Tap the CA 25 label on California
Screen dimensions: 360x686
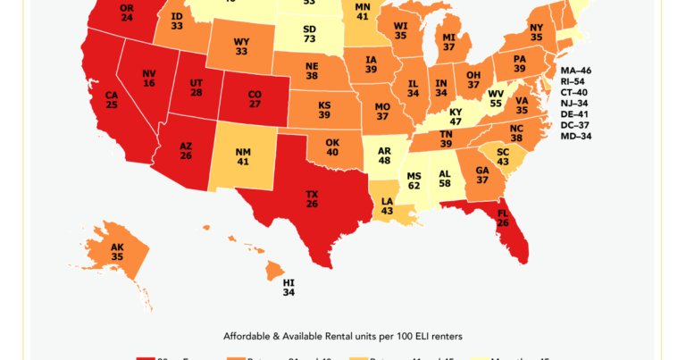coord(112,99)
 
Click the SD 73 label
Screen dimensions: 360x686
coord(309,33)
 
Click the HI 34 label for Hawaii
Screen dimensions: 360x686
coord(289,287)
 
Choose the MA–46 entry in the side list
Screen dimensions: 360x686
coord(575,71)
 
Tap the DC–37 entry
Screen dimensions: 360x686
coord(575,125)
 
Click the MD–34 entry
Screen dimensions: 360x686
coord(575,137)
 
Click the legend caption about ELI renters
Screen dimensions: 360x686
coord(343,336)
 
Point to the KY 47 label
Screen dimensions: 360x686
coord(456,116)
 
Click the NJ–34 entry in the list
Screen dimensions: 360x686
coord(575,104)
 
